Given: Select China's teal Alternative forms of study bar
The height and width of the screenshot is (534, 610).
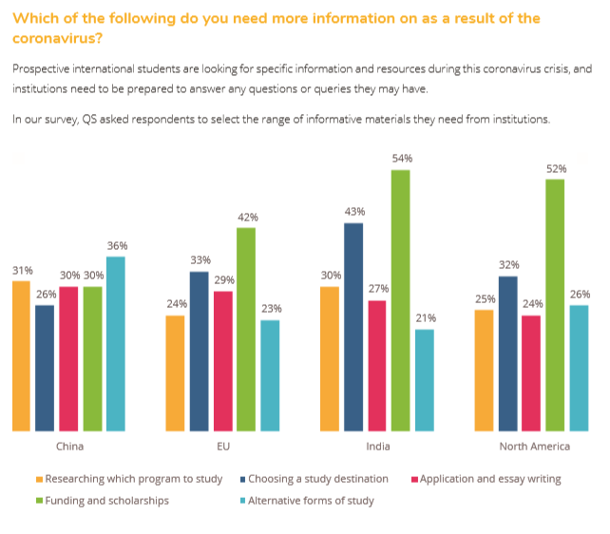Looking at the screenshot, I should [115, 343].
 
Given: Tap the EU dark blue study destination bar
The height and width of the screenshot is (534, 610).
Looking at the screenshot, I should [199, 351].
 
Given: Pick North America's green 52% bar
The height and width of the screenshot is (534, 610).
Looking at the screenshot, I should [555, 304].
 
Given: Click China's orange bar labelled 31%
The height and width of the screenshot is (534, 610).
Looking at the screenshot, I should [21, 355].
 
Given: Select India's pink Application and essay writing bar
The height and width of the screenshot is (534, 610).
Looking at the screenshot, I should [376, 365].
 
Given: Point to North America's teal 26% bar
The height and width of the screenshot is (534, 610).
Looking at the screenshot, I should [579, 368].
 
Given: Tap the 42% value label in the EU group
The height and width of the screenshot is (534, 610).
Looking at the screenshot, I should [246, 217].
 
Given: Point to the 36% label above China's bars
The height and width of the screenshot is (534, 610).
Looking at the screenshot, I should [116, 245].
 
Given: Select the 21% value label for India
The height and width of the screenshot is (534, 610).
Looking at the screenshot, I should [424, 317].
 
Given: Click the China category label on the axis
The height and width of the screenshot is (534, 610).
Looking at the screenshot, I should [68, 446].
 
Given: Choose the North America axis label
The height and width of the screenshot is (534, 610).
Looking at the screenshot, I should [535, 446].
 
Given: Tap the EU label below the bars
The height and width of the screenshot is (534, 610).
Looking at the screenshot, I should [222, 446].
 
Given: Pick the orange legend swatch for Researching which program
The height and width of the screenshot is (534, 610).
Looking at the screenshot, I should [39, 479].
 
